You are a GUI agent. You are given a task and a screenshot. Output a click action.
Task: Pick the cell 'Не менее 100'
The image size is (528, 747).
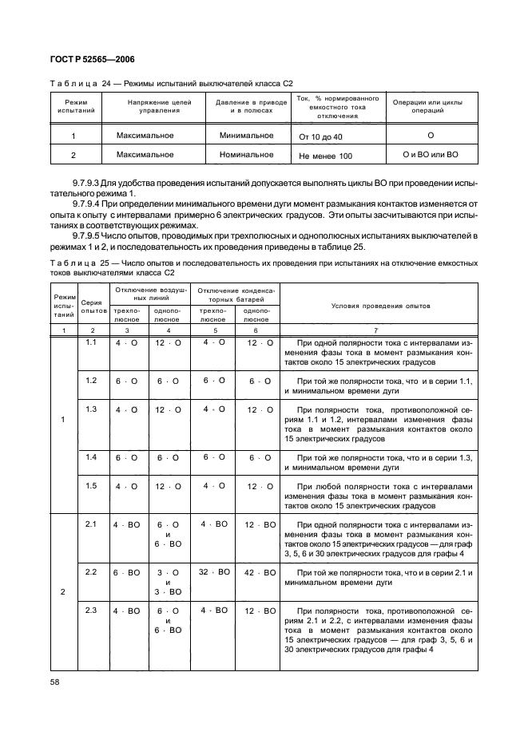tap(325, 156)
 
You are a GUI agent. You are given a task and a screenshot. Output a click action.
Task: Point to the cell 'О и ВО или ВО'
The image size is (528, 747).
tap(431, 155)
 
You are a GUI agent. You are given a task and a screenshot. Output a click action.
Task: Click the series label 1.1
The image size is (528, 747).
tap(90, 342)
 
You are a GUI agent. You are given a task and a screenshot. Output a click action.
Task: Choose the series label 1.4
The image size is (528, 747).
tap(90, 457)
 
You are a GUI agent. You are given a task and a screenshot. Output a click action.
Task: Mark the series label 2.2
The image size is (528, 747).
tap(90, 572)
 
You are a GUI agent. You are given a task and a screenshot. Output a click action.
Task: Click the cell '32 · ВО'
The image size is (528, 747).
tap(215, 572)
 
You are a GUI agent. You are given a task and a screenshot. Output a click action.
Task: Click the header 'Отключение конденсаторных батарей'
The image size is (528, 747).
tap(237, 294)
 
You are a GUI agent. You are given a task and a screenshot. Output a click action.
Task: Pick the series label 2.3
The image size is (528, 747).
tap(90, 611)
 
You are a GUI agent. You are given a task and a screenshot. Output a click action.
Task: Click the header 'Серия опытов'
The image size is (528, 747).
tap(93, 306)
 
